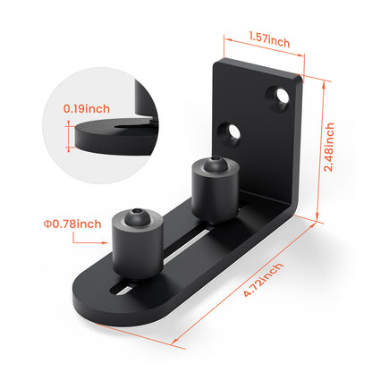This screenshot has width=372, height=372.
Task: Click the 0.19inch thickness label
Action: point(88,108)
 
